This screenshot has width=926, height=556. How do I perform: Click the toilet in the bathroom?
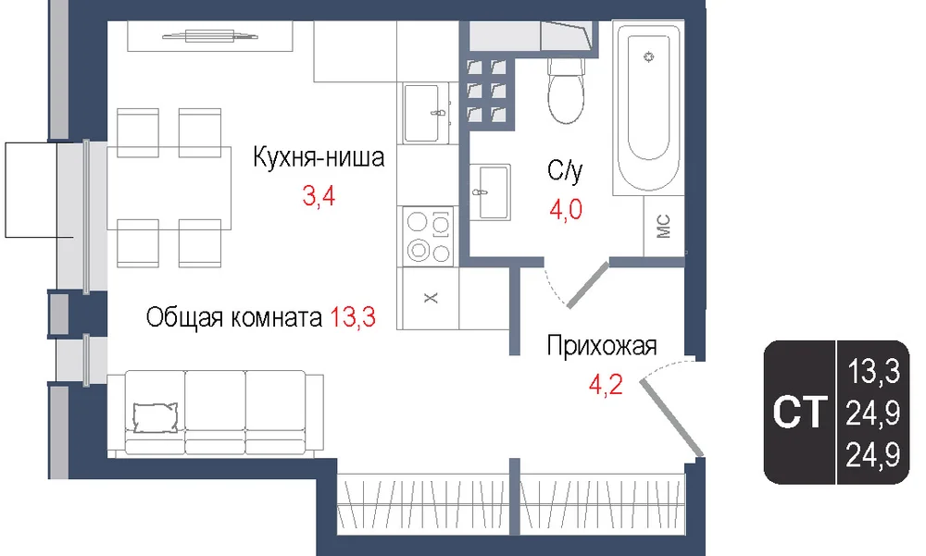coord(566,91)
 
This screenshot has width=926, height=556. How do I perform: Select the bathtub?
coord(648,108)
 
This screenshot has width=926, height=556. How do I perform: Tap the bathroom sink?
coord(490,192)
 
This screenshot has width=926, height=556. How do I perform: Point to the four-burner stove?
coord(429,236)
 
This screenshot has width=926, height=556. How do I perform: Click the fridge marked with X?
coord(431,298)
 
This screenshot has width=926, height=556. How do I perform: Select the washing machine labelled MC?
coord(664,226)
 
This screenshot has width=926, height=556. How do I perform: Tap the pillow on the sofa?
coord(156,417)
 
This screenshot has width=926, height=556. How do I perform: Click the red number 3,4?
coord(319,195)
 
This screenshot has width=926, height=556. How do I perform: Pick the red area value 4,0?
coord(566,209)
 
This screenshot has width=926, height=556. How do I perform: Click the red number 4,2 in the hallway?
coord(606,385)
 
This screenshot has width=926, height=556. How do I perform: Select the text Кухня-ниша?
coord(319,157)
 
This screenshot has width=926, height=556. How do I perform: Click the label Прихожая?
coord(602,345)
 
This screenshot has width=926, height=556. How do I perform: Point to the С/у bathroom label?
coord(565,170)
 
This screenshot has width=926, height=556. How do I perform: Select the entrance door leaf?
coord(672,418)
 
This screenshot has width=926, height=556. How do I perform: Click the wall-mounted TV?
coord(210,36)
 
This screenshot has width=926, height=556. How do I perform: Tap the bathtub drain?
coord(649,56)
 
